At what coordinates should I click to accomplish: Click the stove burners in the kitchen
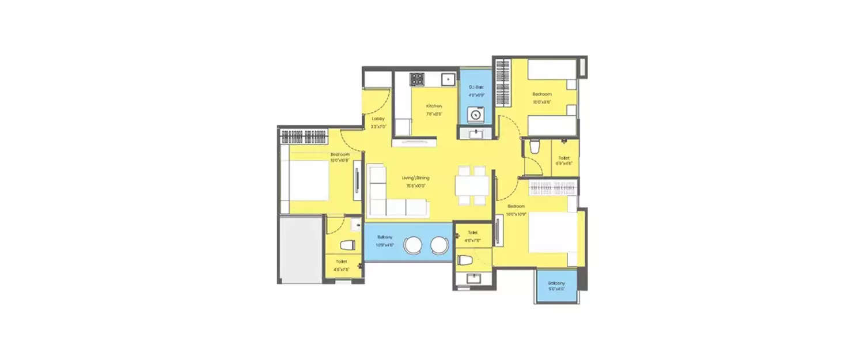[416, 78]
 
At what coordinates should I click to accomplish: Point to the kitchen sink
[447, 79]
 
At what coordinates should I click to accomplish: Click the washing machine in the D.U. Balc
[476, 115]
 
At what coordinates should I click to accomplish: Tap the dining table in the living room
[471, 185]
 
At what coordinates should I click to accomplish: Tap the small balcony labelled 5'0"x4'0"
[556, 286]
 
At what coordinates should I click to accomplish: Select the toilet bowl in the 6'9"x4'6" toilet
[534, 147]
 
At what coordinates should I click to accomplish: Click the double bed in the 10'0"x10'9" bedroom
[551, 232]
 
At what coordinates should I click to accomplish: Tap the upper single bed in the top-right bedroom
[552, 69]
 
